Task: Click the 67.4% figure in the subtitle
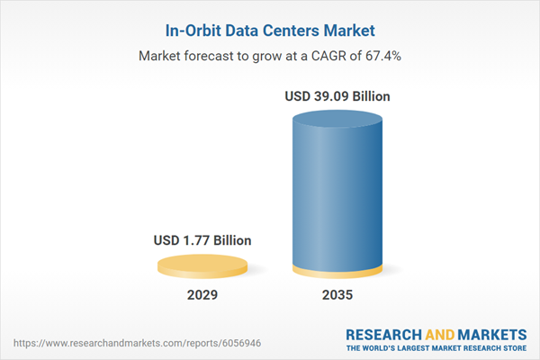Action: tap(382, 56)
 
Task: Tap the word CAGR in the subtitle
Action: tap(335, 56)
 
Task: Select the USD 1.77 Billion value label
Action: tap(202, 240)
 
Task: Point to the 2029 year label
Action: tap(202, 295)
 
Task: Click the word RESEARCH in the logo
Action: tap(384, 334)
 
